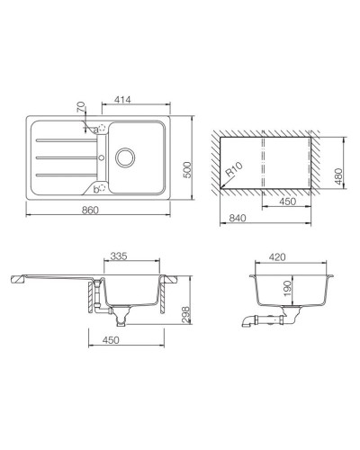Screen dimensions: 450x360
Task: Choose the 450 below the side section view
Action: [x=111, y=340]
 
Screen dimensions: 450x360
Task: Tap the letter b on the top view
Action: [x=94, y=189]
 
